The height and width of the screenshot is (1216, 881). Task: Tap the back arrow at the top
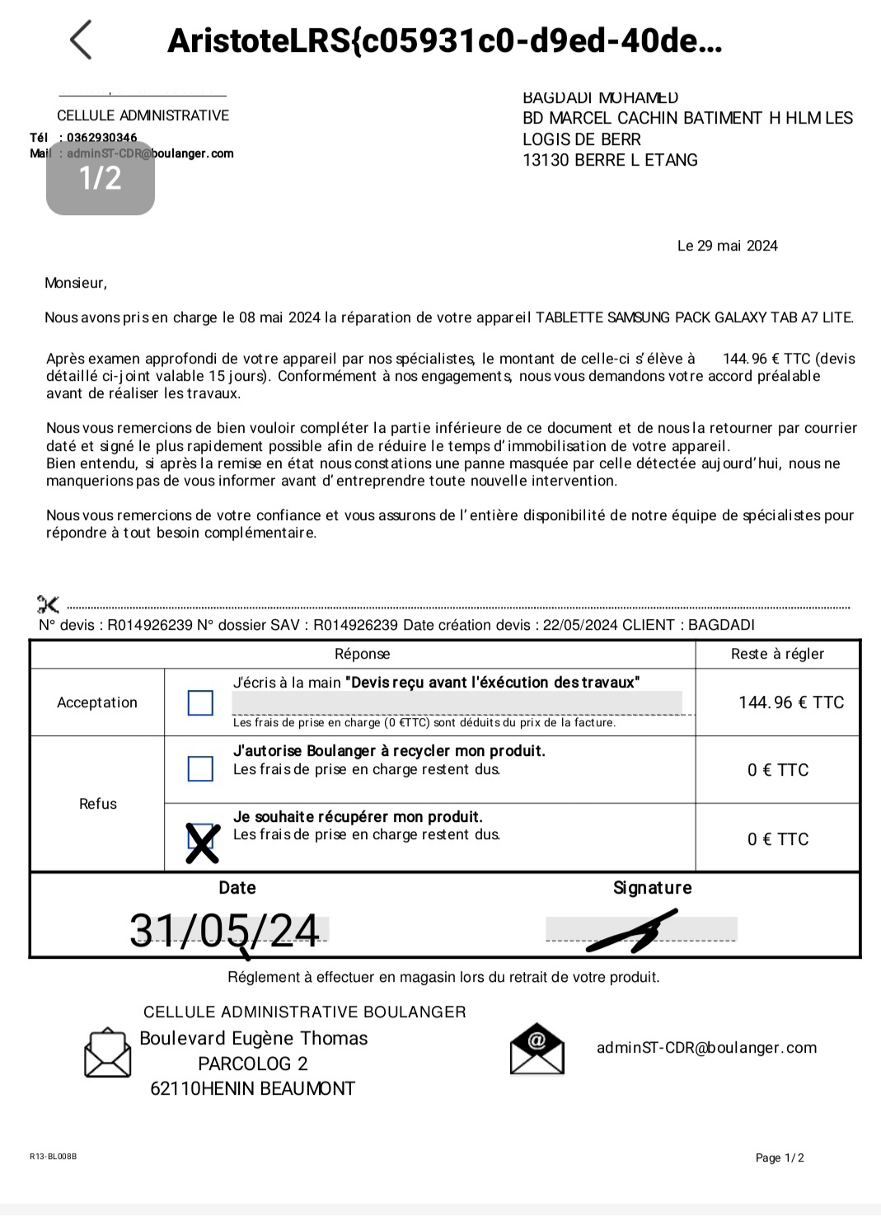pos(81,40)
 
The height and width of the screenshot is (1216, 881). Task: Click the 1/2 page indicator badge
pos(101,178)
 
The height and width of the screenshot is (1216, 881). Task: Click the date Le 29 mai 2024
pos(727,246)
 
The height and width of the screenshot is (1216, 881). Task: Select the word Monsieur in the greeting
pos(74,283)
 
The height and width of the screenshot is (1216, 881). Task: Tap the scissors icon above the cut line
pos(48,604)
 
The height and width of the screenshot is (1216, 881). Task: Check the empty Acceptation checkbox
pos(200,702)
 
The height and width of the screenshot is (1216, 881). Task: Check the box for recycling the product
pos(200,768)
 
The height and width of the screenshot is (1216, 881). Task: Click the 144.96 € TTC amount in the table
pos(791,702)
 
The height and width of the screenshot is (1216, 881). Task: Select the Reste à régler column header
pos(777,654)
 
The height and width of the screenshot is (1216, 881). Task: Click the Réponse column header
pos(362,654)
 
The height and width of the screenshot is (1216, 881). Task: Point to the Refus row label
pos(97,803)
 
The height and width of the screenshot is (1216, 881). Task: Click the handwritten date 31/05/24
pos(224,931)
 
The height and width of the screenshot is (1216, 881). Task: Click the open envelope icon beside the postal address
pos(107,1053)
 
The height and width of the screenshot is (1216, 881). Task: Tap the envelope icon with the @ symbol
pos(537,1049)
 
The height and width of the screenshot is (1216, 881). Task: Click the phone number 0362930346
pos(102,138)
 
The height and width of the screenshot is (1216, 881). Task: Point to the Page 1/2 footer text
pos(780,1157)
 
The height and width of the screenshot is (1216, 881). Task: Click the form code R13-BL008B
pos(53,1157)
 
